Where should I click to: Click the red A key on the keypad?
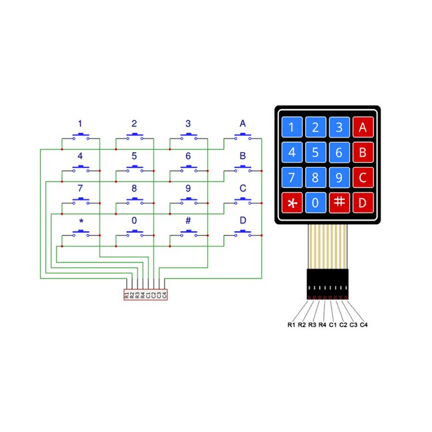(363, 127)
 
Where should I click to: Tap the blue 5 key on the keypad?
(316, 152)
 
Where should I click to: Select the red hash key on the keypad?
(339, 203)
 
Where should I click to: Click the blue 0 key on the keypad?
(316, 203)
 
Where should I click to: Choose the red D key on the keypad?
(363, 203)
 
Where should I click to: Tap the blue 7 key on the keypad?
(292, 177)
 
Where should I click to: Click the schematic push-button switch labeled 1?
(80, 136)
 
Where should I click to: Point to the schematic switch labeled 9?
(189, 201)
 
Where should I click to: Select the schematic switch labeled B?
(243, 168)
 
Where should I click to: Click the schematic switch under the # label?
(189, 233)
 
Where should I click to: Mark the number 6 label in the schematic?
(188, 156)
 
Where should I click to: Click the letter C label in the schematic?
(243, 188)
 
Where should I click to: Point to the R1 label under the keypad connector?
(291, 325)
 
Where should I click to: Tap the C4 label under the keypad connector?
(364, 325)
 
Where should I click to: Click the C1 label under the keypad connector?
(333, 325)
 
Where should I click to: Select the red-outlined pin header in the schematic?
(146, 294)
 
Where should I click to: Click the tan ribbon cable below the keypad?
(328, 247)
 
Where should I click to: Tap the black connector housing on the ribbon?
(328, 284)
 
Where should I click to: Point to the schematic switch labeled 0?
(135, 233)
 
